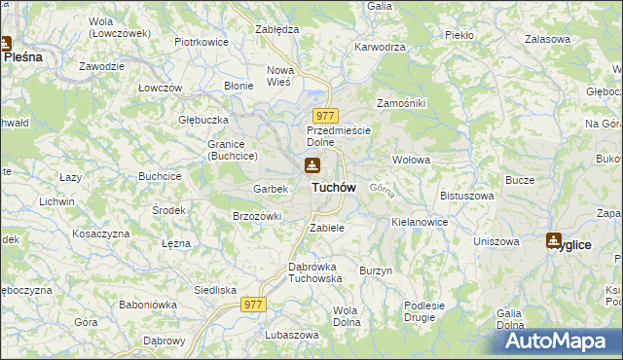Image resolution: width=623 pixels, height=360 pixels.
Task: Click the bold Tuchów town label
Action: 333,187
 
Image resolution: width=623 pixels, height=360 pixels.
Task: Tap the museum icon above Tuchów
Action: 312,164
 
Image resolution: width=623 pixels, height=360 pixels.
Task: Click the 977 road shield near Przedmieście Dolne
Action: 326,116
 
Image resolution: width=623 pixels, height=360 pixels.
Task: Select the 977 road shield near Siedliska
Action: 253,305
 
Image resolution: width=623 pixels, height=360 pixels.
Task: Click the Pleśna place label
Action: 23,57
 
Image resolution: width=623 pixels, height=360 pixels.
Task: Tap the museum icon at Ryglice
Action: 554,240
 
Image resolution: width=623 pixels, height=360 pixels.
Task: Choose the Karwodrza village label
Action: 380,46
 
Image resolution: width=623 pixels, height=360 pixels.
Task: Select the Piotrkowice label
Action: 201,43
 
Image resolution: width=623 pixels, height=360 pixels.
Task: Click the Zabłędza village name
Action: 275,29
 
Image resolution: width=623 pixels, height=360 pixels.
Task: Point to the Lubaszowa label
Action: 291,335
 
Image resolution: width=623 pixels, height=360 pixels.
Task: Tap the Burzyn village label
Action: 375,270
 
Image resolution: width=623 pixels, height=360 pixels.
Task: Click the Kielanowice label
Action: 420,222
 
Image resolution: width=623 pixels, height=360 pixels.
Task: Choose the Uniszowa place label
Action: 495,241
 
